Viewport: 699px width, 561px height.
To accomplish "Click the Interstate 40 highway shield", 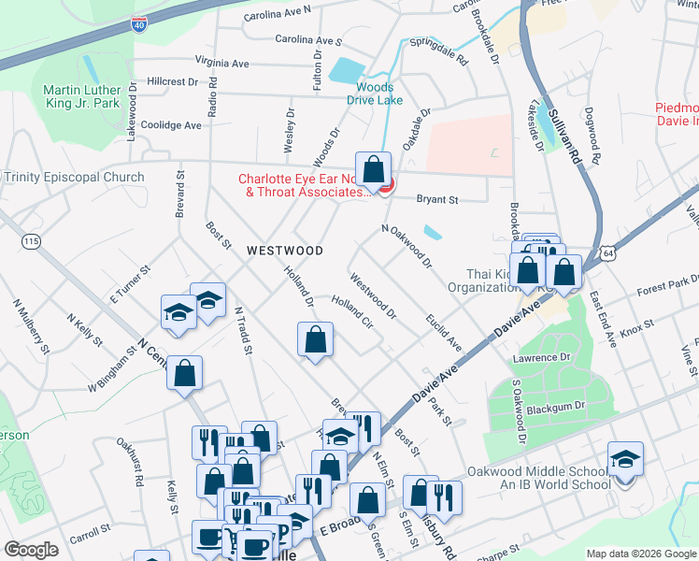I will [138, 25].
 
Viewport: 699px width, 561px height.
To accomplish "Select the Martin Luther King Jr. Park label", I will [81, 96].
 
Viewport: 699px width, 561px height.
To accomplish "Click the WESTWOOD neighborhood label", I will [285, 251].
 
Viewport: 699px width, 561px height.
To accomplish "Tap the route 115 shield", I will [33, 241].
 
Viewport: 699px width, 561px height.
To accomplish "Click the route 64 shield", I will [608, 253].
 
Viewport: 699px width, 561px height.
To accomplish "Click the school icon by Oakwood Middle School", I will [625, 459].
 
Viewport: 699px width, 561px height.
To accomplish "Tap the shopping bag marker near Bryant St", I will [374, 170].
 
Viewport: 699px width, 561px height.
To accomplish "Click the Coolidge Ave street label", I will [170, 125].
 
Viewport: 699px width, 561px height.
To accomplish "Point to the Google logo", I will [32, 550].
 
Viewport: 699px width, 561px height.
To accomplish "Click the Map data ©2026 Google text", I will [640, 554].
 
